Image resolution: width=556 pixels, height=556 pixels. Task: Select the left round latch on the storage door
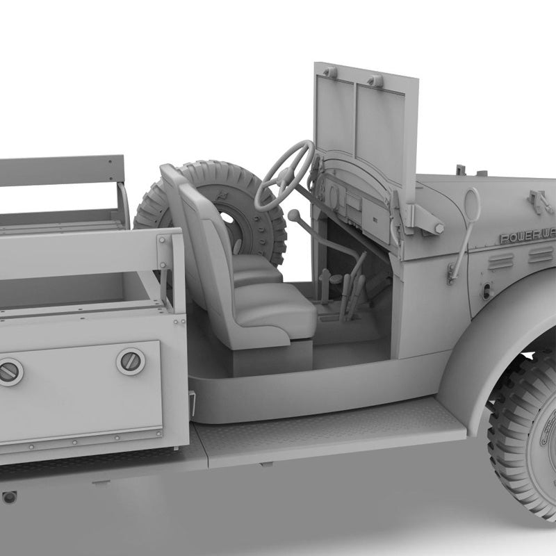pos(10,372)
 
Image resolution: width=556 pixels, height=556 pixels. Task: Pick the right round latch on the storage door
pos(131,361)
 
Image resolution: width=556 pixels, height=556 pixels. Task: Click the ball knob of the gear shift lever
pos(293,215)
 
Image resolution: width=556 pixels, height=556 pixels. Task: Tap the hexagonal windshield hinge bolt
pos(439,227)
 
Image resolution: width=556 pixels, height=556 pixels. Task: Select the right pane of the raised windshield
pos(380,132)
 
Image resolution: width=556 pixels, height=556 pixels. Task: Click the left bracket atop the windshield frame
pos(329,72)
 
